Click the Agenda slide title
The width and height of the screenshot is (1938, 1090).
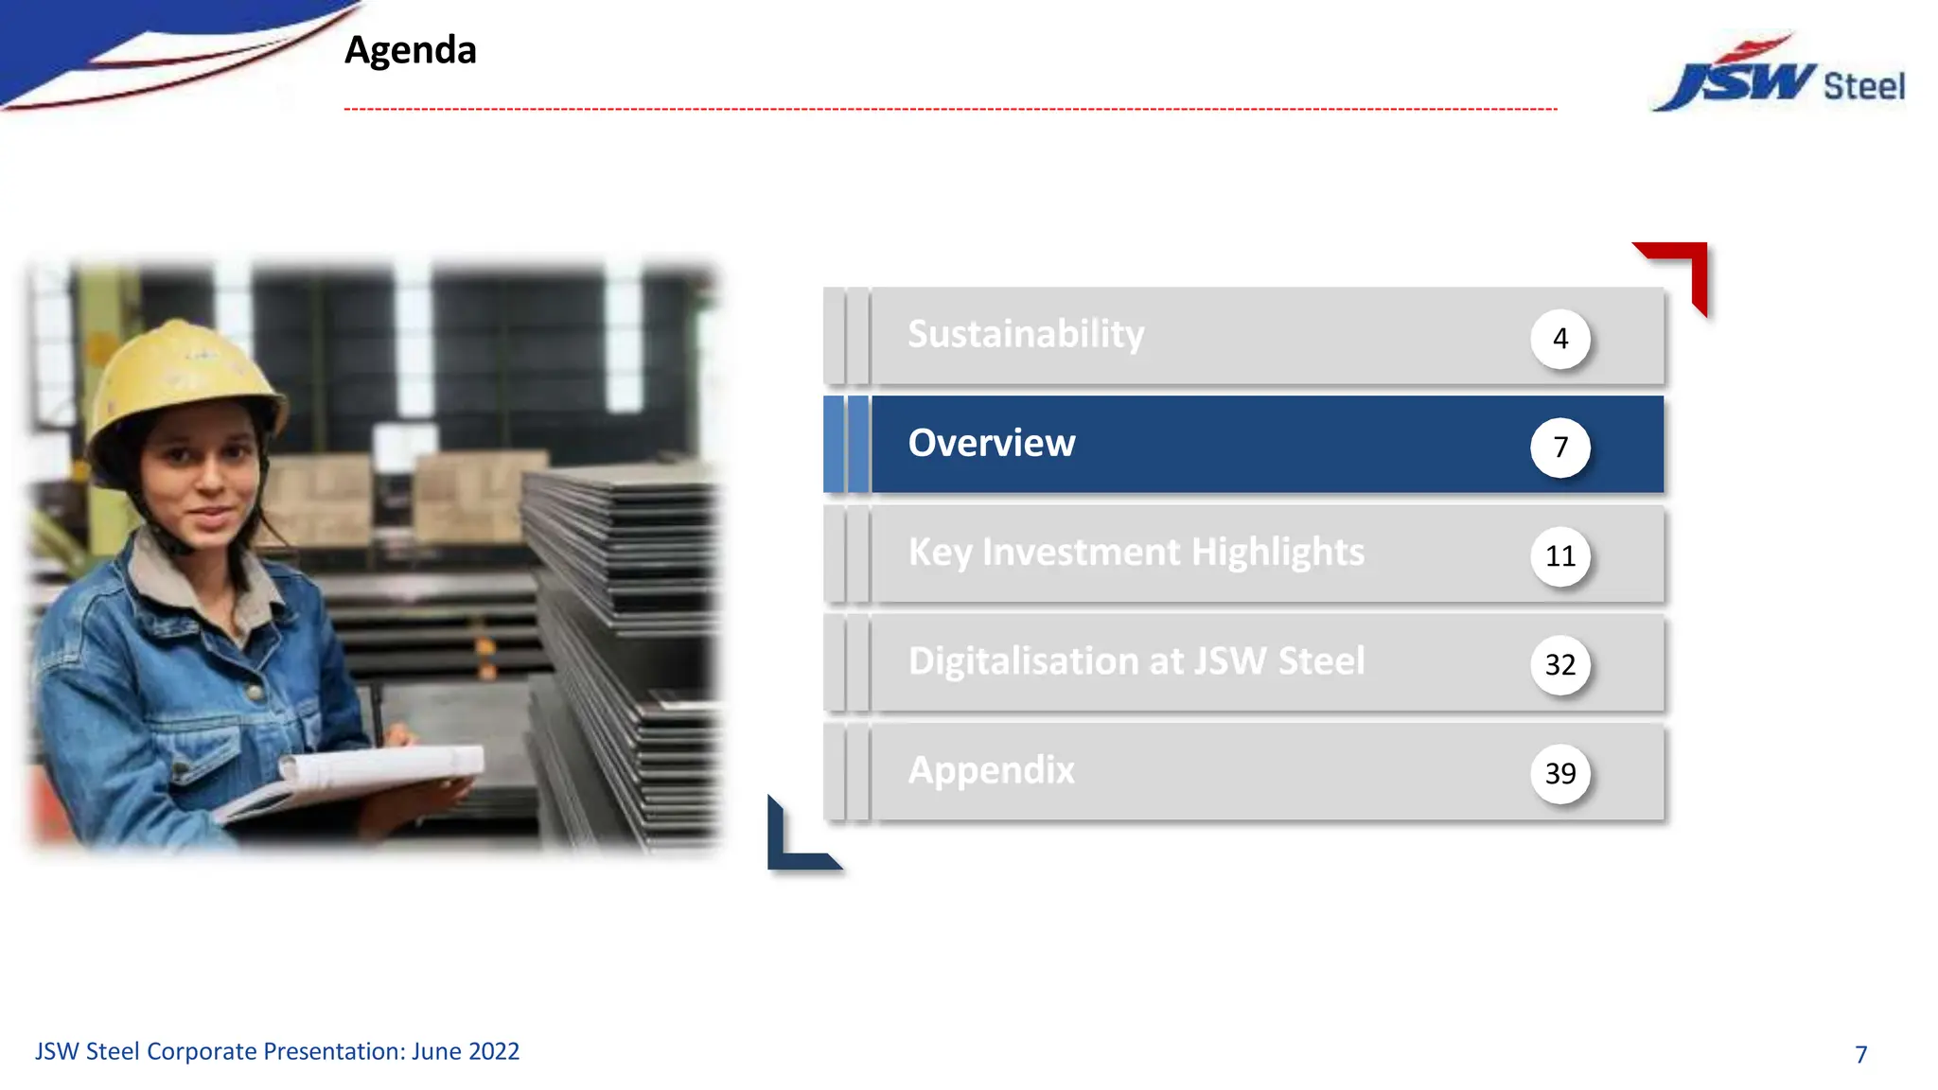410,50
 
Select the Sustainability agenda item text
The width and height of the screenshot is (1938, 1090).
1026,335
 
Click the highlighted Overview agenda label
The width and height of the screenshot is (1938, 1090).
991,444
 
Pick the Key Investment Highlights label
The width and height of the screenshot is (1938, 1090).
1136,553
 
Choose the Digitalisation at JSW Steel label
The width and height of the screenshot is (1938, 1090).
1136,661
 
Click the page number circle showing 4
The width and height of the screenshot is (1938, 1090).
1559,339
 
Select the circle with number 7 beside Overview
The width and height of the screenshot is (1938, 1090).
1559,447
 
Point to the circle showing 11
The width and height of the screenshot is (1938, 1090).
1559,556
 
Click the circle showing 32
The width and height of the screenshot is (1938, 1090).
1559,665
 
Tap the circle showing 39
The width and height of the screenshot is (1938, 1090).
1559,774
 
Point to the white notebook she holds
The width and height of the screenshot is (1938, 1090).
379,771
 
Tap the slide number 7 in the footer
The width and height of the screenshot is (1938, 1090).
1860,1054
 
